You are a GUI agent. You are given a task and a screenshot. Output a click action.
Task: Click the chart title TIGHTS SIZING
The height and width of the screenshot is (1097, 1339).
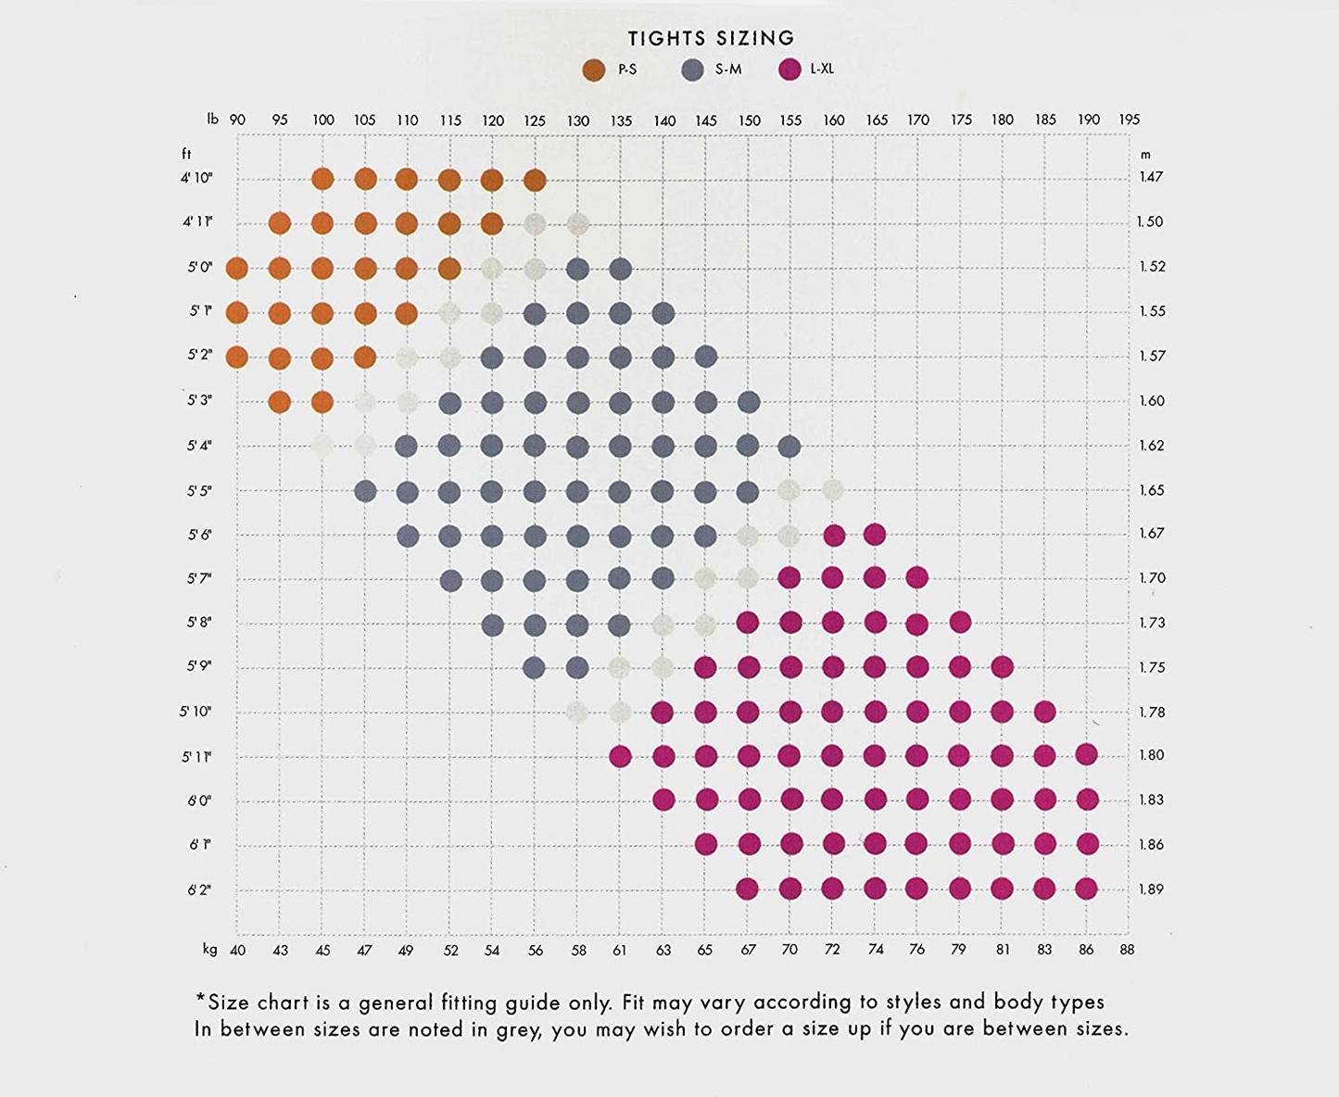pyautogui.click(x=711, y=38)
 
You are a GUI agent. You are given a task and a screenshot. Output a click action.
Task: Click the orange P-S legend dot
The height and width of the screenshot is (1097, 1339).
pyautogui.click(x=594, y=69)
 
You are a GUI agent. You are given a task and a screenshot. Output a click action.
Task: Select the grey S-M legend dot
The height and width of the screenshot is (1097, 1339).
pyautogui.click(x=692, y=69)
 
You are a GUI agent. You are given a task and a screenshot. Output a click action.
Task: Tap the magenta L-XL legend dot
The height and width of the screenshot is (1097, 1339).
pyautogui.click(x=790, y=69)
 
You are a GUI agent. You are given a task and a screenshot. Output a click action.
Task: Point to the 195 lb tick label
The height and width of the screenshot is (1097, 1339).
pyautogui.click(x=1129, y=120)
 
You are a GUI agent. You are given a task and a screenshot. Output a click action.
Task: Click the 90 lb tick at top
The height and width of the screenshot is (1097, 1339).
pyautogui.click(x=237, y=120)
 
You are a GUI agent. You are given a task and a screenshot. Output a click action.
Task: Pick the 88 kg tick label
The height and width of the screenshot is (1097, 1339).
pyautogui.click(x=1127, y=949)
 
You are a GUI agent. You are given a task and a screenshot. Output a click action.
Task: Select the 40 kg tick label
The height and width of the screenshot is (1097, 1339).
pyautogui.click(x=237, y=950)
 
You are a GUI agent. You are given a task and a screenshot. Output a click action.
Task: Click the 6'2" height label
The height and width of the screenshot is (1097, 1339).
pyautogui.click(x=199, y=889)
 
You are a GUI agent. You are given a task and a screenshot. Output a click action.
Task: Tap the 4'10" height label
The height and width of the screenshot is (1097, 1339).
pyautogui.click(x=196, y=177)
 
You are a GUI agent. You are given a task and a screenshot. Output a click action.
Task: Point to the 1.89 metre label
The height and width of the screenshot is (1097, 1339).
pyautogui.click(x=1151, y=889)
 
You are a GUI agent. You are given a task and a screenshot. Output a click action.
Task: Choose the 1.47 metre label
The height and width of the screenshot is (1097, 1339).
pyautogui.click(x=1151, y=177)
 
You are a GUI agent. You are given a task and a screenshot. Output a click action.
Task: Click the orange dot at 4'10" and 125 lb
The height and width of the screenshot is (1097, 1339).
pyautogui.click(x=535, y=180)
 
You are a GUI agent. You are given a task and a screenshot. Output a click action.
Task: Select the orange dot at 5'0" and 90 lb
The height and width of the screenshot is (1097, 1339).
pyautogui.click(x=237, y=269)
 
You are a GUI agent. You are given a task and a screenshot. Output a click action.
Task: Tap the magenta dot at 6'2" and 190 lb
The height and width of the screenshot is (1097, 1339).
pyautogui.click(x=1087, y=889)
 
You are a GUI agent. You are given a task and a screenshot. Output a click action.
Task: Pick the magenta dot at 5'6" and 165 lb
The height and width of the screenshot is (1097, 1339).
pyautogui.click(x=875, y=534)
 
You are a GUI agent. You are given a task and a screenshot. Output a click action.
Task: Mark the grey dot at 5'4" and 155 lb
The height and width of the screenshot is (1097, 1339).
pyautogui.click(x=790, y=447)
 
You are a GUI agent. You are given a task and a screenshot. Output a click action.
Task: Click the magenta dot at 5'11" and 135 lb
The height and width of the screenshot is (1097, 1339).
pyautogui.click(x=620, y=756)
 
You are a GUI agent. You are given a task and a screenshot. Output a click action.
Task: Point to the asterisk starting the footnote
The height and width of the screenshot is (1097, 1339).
pyautogui.click(x=200, y=999)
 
